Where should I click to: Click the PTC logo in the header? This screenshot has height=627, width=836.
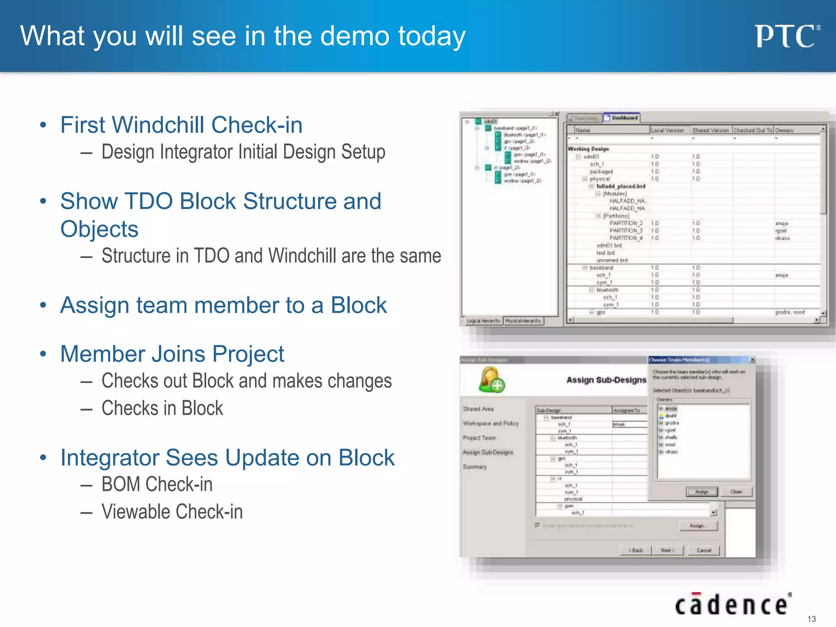786,36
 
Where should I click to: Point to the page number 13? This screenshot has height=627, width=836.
812,619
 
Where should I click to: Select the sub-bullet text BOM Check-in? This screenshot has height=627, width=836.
157,485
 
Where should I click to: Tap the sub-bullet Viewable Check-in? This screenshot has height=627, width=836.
172,512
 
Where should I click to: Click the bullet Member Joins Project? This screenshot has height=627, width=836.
172,354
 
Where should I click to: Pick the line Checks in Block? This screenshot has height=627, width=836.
162,408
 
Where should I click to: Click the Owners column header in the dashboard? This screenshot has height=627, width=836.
784,130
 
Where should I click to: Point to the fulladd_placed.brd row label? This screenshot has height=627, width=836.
620,186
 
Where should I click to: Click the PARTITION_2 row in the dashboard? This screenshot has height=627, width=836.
626,223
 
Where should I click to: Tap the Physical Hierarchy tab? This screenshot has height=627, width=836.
523,321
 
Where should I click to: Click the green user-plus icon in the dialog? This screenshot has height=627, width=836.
491,380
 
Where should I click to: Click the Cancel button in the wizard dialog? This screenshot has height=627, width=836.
703,550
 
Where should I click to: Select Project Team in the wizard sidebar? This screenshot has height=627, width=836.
479,438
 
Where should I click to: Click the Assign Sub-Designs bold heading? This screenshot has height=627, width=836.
606,380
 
